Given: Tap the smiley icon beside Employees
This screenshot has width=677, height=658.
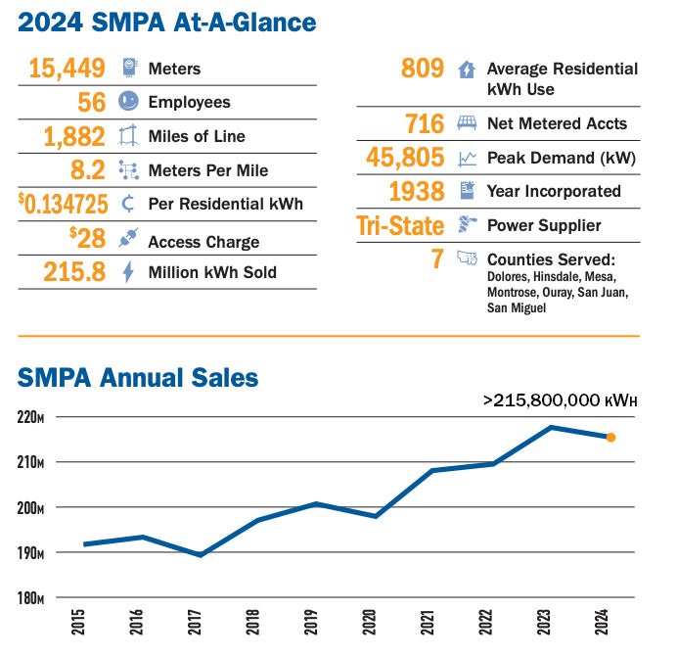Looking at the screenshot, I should click(x=128, y=102).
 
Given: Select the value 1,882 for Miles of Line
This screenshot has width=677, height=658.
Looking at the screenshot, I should click(x=75, y=136).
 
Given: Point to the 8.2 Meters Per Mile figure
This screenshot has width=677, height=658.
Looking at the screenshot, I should click(x=87, y=170).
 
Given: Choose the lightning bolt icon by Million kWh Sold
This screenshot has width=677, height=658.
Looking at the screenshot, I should click(x=128, y=272).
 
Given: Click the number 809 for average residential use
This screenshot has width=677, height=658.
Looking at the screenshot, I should click(x=423, y=69).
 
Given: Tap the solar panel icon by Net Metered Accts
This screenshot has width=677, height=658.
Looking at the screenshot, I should click(x=468, y=124).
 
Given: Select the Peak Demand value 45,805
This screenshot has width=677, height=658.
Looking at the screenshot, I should click(x=404, y=158).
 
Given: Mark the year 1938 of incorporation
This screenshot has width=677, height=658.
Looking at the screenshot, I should click(x=416, y=191).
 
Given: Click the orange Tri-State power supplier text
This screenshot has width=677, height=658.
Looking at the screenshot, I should click(x=399, y=226).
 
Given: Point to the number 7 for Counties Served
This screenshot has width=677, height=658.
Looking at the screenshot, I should click(x=437, y=259).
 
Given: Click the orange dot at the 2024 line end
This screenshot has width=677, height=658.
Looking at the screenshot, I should click(x=610, y=438).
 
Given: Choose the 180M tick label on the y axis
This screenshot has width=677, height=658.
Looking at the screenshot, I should click(x=30, y=598).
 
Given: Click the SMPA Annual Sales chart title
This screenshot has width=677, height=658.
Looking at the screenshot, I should click(x=138, y=377).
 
